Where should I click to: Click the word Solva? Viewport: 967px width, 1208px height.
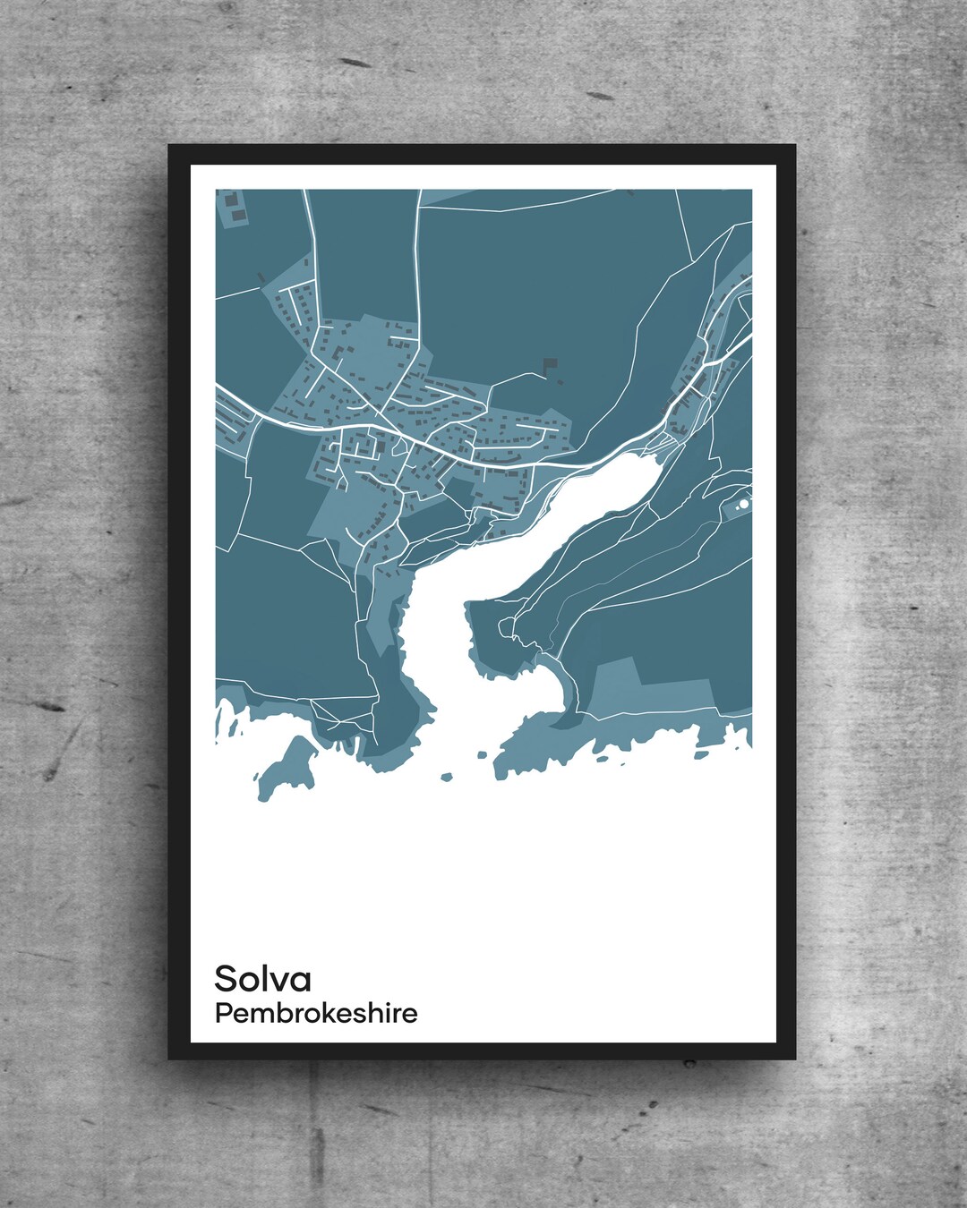262,979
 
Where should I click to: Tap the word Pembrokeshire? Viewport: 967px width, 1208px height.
315,1014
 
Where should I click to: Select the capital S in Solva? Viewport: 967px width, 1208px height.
225,979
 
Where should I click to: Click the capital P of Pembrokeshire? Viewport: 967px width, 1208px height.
221,1014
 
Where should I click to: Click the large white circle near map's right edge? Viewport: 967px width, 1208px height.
743,505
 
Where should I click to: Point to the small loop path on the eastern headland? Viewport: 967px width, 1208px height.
508,626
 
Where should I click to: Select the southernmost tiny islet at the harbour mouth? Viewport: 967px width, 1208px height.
444,777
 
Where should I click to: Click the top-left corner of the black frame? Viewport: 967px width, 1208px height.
169,145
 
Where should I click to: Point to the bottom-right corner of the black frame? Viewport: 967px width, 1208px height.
796,1059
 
